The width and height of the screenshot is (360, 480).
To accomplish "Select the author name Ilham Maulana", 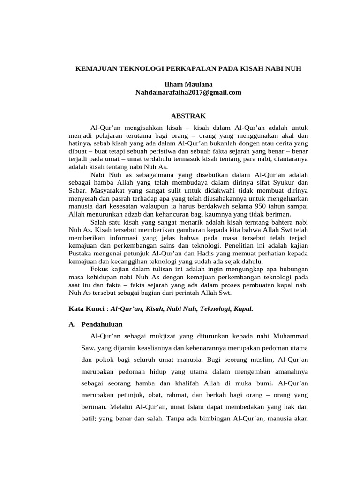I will (188, 85).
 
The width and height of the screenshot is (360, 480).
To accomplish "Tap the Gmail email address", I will (188, 92).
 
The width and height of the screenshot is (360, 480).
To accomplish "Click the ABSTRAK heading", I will (188, 116).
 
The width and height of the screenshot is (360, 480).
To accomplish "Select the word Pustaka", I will (80, 254).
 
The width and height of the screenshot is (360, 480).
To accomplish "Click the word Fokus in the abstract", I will (99, 269).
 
